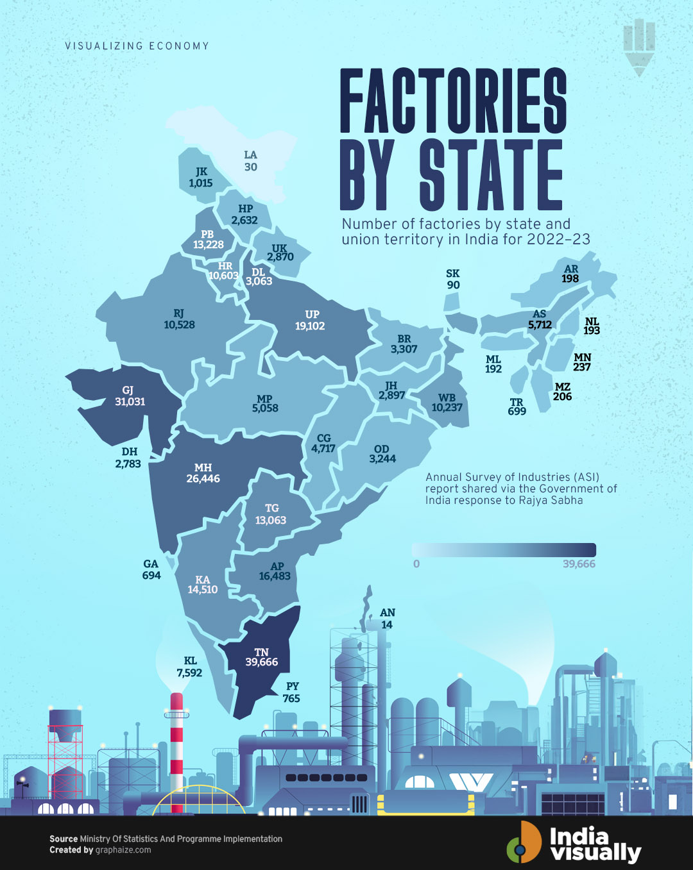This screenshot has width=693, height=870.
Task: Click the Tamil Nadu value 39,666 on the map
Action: pos(262,662)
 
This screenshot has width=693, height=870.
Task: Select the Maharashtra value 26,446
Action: pos(203,479)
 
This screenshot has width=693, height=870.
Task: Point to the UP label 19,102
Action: pos(311,321)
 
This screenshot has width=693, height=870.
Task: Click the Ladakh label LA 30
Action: pos(250,161)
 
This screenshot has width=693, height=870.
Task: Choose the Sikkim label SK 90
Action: pos(453,280)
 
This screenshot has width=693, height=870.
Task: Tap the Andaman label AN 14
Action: pos(387,619)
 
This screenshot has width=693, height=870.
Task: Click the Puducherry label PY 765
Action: pos(291,692)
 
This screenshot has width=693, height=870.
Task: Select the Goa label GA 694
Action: pos(151,569)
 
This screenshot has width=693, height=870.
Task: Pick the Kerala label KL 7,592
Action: pos(189,667)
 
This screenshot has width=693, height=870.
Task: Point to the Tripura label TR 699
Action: pos(517,407)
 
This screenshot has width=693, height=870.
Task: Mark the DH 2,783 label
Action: pos(128,458)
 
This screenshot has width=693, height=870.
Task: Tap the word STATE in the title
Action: pos(491,174)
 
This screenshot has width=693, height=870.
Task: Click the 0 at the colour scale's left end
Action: pos(416,564)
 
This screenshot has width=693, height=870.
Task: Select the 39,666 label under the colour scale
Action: pos(579,564)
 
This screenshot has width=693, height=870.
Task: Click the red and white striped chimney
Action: pos(176,750)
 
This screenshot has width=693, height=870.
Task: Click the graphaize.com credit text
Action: pos(123,850)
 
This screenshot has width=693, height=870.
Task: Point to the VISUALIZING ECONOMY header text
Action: pos(137,46)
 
